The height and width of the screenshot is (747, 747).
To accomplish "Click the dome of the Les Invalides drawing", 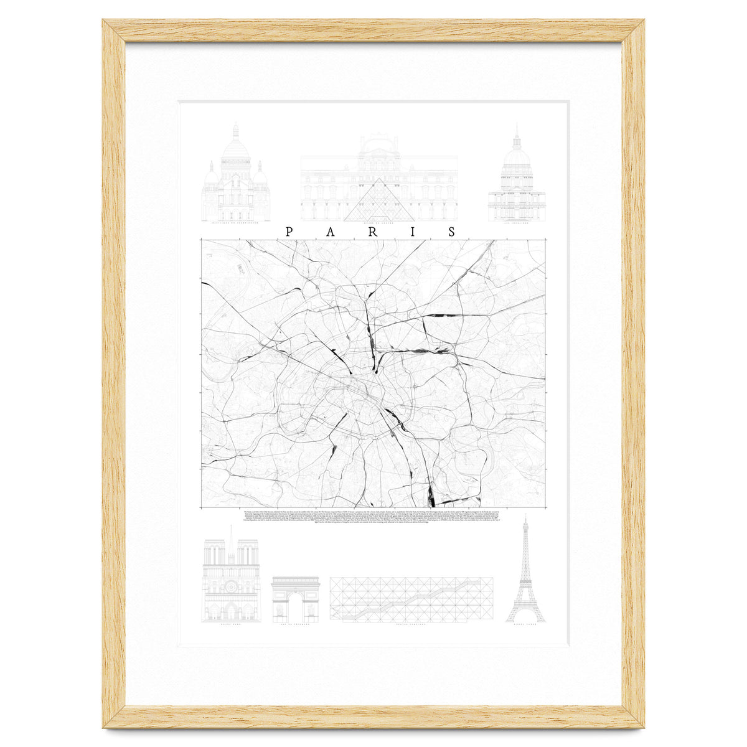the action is pos(517,156).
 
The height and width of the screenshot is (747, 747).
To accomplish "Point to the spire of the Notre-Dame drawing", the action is pos(231,538).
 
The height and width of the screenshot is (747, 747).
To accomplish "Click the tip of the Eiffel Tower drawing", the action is pos(525,517).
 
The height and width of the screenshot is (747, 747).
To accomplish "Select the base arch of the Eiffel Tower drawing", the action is pos(525,616).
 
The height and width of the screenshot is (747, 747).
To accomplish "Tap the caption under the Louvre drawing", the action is pos(379,225).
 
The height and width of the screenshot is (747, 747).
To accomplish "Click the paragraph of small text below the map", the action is pos(374,516).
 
